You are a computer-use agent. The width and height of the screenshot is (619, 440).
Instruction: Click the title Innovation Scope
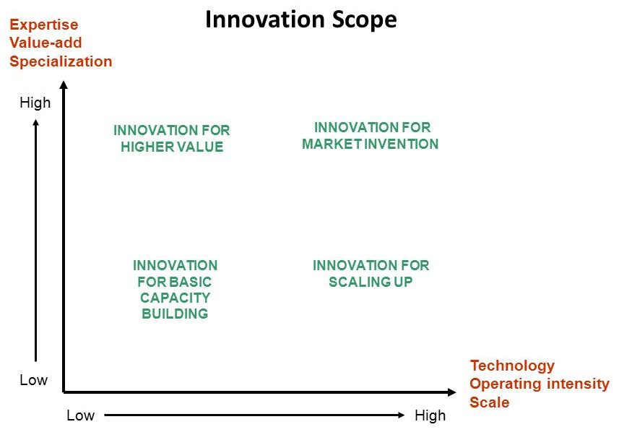pos(300,20)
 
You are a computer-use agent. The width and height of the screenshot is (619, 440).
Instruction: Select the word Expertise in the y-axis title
pos(44,25)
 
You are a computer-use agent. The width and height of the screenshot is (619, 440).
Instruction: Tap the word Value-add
pos(46,43)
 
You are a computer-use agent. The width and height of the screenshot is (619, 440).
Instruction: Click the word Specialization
pos(61,61)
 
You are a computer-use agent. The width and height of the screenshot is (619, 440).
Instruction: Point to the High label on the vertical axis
pos(35,103)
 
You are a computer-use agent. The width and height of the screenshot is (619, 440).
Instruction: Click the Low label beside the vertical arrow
pos(33,380)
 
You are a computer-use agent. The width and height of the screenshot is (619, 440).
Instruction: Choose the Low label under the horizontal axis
pos(80,415)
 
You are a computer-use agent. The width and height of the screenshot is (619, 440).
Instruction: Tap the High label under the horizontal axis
pos(430,415)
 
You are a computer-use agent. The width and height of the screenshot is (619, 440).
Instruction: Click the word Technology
pos(512,366)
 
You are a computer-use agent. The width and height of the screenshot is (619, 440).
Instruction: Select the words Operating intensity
pos(540,384)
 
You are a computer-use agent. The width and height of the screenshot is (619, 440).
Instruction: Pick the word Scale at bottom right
pos(490,402)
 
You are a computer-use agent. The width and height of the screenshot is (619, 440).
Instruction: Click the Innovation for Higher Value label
pos(172,139)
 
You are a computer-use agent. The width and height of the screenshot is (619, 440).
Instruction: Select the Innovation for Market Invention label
pos(371,136)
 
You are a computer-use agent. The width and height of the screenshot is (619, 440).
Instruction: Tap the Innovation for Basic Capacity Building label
pos(176,290)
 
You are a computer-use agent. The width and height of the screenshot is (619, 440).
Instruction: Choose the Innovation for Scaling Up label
pos(371,273)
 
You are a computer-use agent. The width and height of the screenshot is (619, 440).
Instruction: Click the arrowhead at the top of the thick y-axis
pos(64,84)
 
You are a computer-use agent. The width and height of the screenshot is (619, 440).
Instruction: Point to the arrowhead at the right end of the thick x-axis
pos(452,392)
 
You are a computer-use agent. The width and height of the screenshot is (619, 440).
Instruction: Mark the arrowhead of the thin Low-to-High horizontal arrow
pos(402,415)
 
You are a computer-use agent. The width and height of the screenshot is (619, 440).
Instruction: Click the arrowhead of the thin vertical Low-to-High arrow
pos(36,123)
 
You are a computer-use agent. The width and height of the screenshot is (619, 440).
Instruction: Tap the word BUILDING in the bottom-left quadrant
pos(175,314)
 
